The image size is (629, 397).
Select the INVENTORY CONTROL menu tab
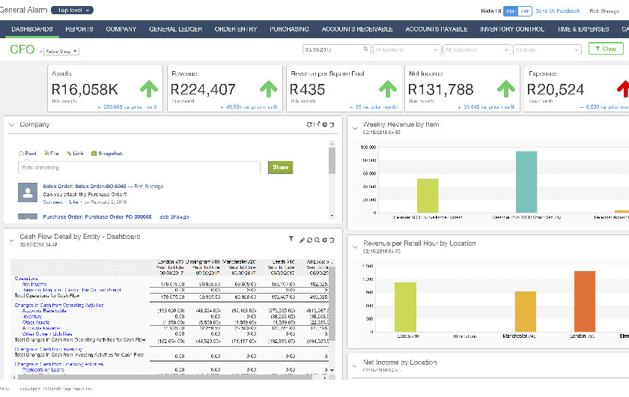(x=511, y=29)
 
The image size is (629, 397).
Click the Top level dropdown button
(x=75, y=10)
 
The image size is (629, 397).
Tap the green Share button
(x=280, y=168)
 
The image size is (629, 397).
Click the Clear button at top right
(x=605, y=49)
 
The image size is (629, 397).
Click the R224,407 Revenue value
(x=204, y=89)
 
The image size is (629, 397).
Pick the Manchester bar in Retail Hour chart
(x=525, y=312)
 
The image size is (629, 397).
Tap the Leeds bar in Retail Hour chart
(x=405, y=306)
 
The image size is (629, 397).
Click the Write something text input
(x=139, y=168)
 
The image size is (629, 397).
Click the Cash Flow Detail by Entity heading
(x=79, y=237)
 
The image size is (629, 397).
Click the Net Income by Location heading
(x=399, y=362)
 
